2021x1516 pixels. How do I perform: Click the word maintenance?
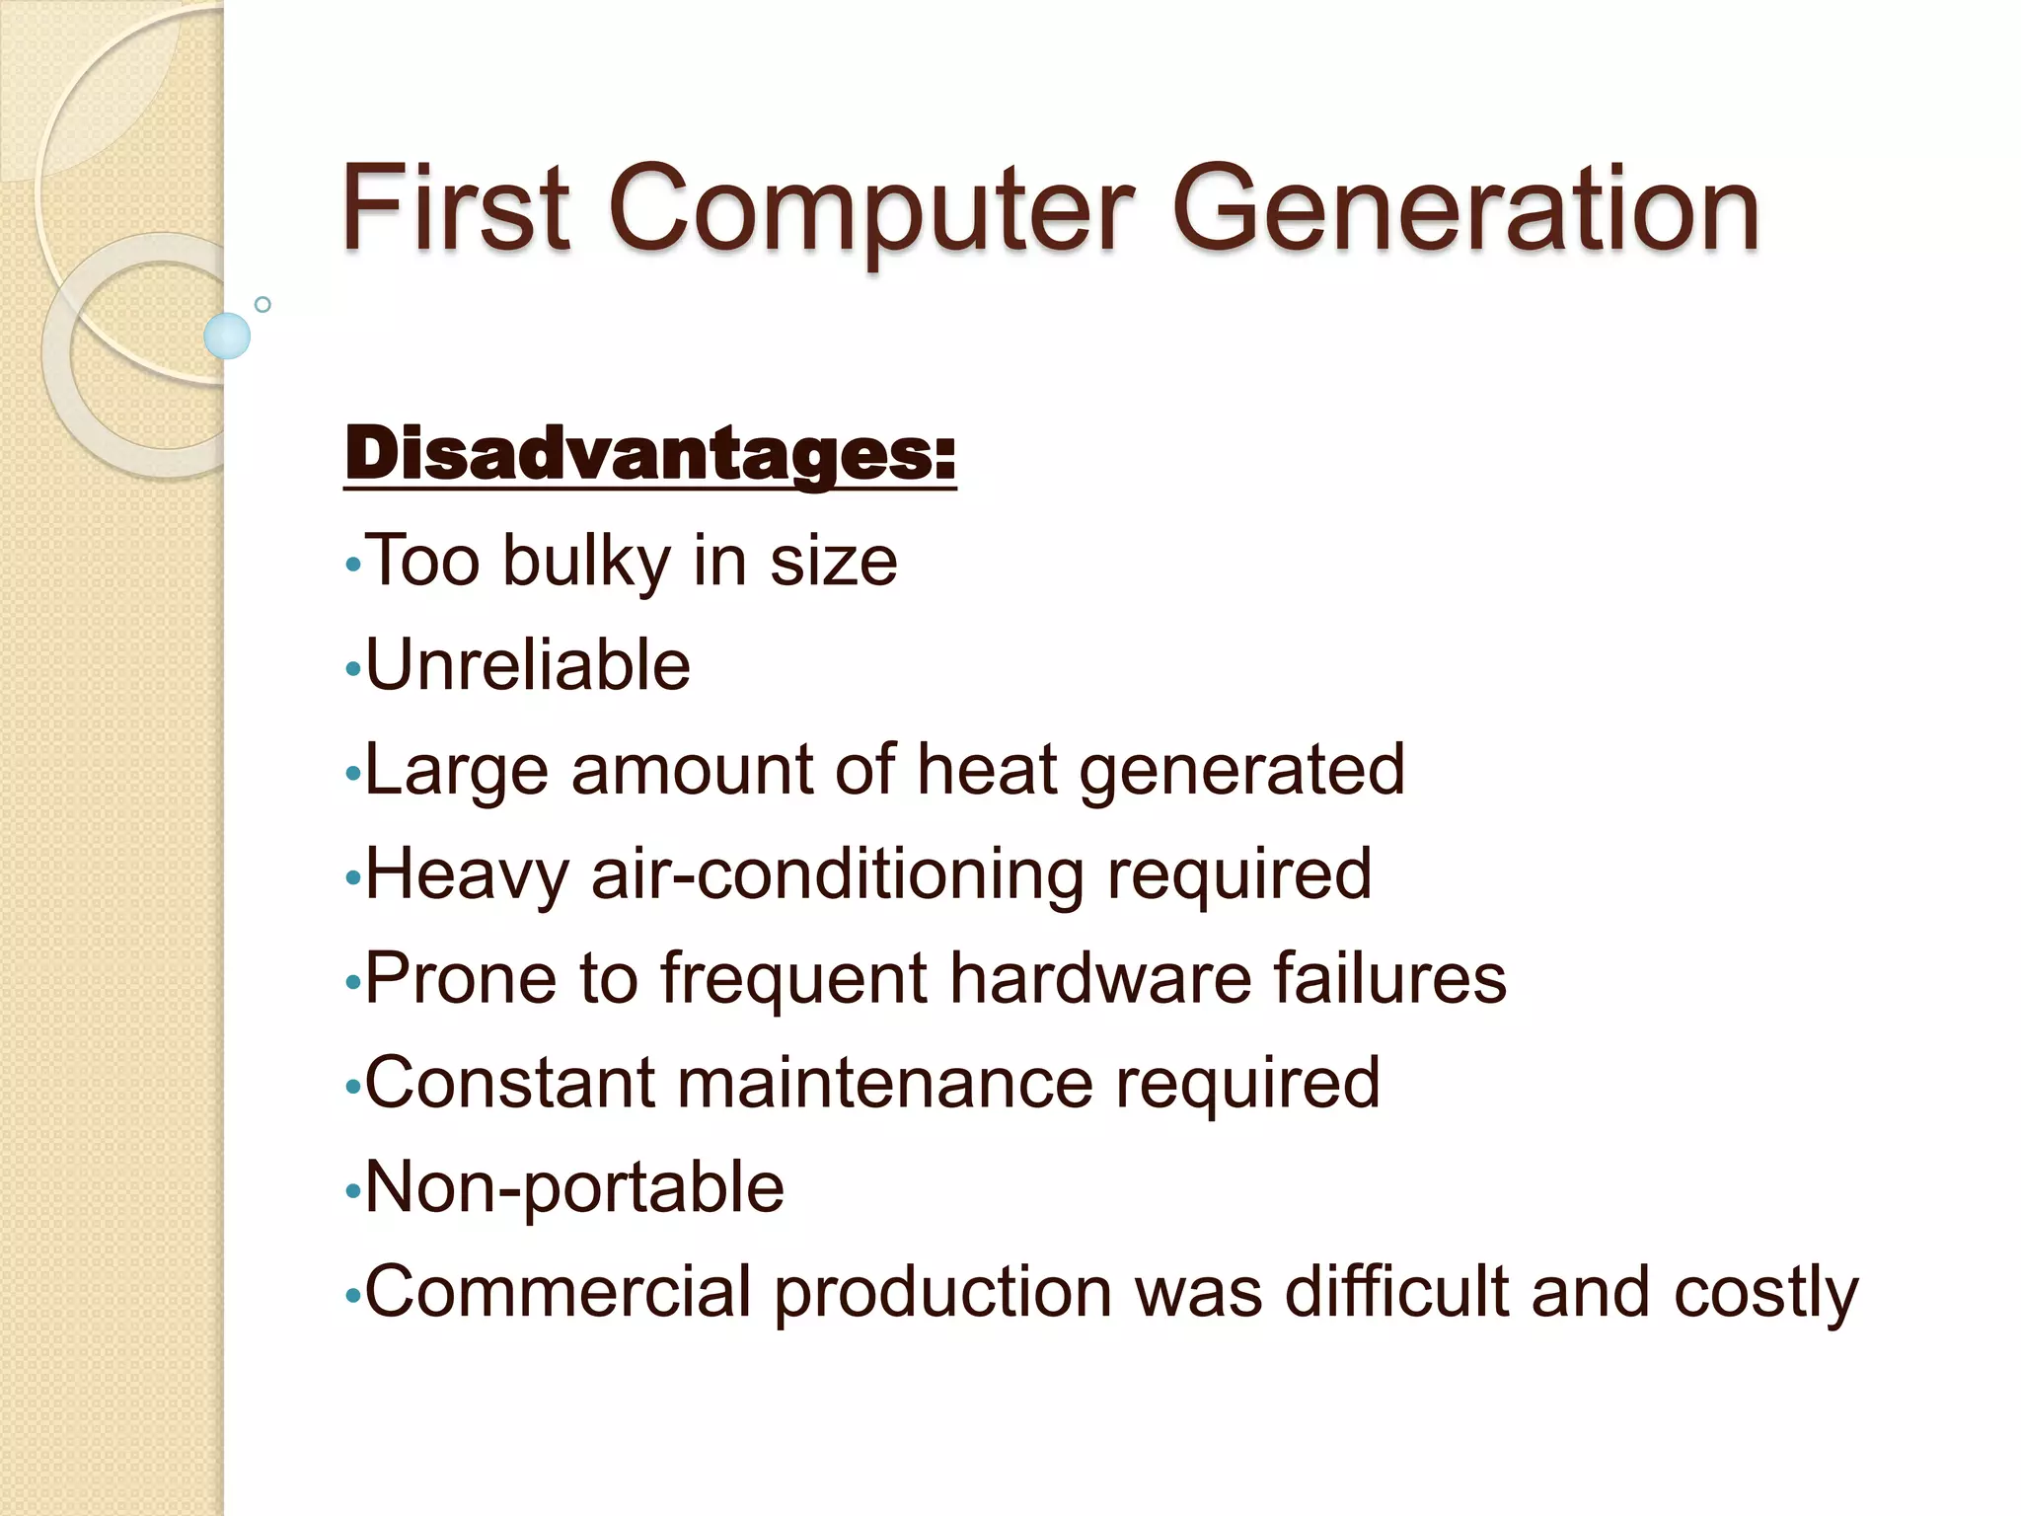pos(884,1083)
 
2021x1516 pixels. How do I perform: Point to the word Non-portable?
pos(574,1187)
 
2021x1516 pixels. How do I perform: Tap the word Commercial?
pos(559,1292)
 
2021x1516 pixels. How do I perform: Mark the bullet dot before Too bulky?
pos(353,567)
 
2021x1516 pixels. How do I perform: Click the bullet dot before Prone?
pos(353,983)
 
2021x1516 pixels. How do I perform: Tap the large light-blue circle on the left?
pos(227,336)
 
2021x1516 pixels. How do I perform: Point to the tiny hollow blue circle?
pos(262,304)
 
